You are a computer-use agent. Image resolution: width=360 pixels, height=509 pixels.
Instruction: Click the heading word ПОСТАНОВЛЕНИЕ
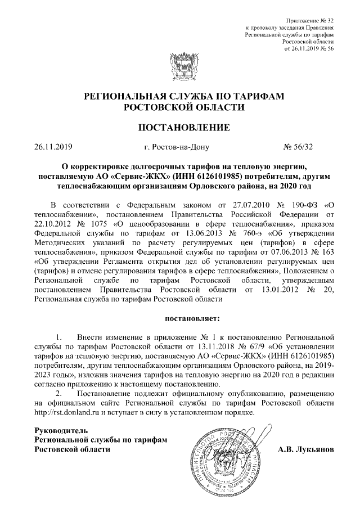(x=180, y=128)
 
